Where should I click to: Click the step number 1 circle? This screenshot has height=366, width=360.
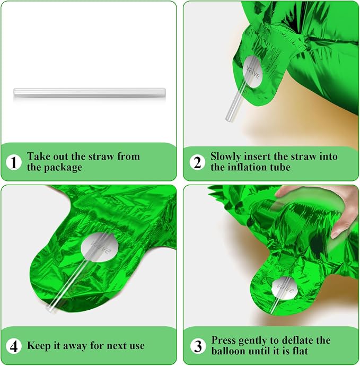(14, 162)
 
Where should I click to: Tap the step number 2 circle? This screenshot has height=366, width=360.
(197, 162)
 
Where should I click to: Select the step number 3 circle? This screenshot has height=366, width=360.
(198, 346)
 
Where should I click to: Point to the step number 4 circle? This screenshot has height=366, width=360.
(14, 346)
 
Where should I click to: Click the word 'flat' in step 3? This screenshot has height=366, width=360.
(299, 351)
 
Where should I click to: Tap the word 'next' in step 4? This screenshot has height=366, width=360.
(116, 346)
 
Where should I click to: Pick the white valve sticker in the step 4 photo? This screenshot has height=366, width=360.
(100, 247)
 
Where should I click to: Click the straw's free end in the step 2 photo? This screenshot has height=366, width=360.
(229, 119)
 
